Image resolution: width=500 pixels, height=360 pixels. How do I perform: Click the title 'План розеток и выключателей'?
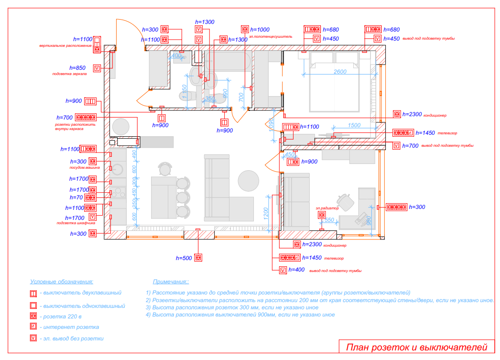(x=416, y=348)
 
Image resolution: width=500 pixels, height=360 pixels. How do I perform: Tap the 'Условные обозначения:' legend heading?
(x=62, y=282)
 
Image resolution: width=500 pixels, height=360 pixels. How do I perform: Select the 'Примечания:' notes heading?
(x=171, y=282)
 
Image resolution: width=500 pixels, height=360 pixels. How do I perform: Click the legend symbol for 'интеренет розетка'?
(x=33, y=327)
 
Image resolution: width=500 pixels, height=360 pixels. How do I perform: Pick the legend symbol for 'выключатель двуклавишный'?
(x=33, y=293)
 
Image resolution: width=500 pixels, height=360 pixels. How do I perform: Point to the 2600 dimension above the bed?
(x=340, y=72)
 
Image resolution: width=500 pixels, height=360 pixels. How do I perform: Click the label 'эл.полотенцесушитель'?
(x=270, y=36)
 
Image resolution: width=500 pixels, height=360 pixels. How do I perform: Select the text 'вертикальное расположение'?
(x=65, y=46)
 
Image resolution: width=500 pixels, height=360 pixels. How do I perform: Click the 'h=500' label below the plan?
(x=184, y=258)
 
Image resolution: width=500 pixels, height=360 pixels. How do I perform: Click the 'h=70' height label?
(x=76, y=197)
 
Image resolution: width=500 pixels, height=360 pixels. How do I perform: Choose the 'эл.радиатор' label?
(x=327, y=208)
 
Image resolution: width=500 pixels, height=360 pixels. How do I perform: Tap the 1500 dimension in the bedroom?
(x=354, y=125)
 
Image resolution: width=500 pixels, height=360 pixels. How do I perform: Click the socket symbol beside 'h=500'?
(x=198, y=258)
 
